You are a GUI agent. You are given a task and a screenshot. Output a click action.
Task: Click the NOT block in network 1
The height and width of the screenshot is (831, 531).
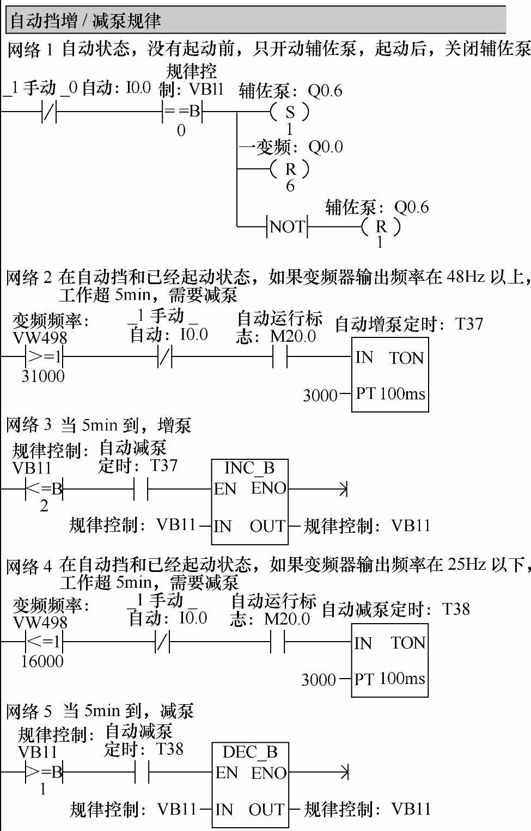[x=288, y=226]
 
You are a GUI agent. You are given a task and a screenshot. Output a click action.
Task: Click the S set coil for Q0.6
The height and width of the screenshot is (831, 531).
[x=290, y=112]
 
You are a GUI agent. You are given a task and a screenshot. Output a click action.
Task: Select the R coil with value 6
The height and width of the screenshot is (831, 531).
[x=290, y=169]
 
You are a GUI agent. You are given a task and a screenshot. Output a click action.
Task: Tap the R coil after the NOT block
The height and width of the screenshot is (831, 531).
[x=381, y=226]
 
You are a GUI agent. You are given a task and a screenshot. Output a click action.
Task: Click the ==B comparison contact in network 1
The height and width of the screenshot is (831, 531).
[x=182, y=112]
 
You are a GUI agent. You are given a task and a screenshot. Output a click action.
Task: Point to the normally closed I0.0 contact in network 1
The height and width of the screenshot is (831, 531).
[x=50, y=112]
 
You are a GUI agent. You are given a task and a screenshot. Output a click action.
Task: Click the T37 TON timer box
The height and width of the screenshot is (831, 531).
[x=389, y=375]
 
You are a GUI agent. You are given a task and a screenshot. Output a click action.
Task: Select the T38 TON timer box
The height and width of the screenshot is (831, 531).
[x=389, y=660]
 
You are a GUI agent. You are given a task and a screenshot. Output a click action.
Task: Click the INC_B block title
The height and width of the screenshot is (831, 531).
[x=249, y=468]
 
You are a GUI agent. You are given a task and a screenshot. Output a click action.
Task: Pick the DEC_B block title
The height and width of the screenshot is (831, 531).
[x=250, y=752]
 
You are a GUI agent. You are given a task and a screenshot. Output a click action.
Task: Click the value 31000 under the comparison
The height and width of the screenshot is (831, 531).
[x=43, y=376]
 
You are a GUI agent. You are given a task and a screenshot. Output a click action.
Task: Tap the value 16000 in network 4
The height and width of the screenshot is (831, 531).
[x=42, y=661]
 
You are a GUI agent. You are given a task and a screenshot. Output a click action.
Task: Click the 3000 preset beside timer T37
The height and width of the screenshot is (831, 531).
[x=320, y=395]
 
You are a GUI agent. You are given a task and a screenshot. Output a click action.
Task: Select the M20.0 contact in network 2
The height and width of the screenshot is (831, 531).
[x=280, y=357]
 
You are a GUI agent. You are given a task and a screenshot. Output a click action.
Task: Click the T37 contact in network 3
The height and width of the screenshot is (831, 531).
[x=141, y=489]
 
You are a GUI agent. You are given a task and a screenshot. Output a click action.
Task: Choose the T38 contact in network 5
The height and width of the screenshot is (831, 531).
[x=142, y=772]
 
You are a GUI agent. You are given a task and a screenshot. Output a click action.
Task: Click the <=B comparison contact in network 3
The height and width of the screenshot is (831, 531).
[x=44, y=489]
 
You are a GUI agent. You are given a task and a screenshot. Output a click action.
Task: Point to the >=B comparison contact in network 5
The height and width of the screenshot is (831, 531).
[x=44, y=772]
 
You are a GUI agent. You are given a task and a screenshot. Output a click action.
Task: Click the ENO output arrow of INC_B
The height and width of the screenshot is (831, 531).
[x=343, y=489]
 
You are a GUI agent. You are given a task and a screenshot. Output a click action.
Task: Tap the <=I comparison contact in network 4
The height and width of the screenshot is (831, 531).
[x=44, y=642]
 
